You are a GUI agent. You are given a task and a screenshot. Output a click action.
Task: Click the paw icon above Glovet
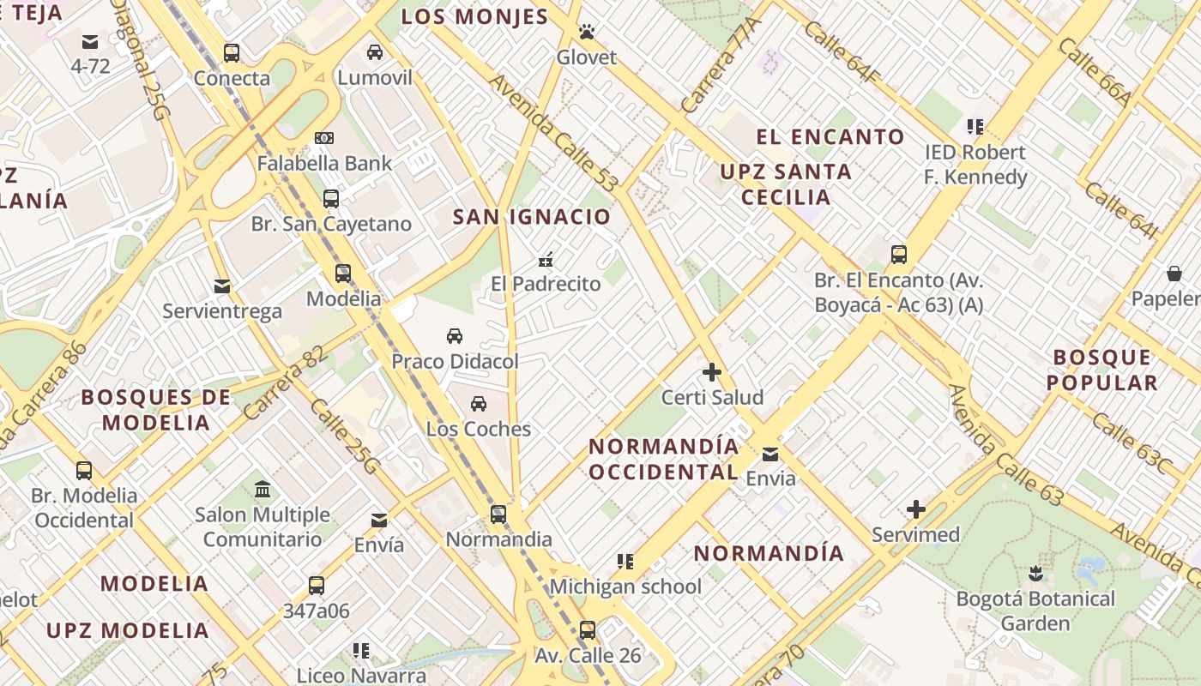coord(587,32)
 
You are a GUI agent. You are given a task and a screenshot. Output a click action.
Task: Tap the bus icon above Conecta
coord(232,53)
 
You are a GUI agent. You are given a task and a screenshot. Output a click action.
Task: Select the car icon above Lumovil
coord(375,52)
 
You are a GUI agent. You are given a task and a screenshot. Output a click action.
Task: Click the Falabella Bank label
coord(324,163)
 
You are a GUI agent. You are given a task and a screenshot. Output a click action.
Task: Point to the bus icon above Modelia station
coord(343,274)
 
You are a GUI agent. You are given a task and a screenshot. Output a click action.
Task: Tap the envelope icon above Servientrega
coord(222,286)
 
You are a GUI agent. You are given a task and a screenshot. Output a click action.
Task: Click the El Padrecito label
coord(546,284)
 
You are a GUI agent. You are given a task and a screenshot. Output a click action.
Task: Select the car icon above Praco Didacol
coord(455,336)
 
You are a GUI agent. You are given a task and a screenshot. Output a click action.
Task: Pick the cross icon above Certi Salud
coord(712,372)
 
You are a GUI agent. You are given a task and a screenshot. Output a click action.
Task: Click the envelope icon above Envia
coord(770,454)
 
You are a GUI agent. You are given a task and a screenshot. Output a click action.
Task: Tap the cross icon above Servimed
coord(916,509)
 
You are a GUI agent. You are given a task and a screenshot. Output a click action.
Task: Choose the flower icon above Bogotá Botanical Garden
coord(1035,573)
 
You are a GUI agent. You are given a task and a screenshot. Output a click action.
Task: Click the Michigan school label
coord(625,587)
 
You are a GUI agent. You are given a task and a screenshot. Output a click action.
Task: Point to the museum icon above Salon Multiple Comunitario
coord(263,490)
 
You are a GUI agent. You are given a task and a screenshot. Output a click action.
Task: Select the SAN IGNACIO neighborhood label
coord(532,216)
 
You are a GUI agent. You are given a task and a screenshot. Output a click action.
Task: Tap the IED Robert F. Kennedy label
coord(975,165)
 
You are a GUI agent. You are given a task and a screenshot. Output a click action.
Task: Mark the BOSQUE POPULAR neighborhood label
coord(1102,370)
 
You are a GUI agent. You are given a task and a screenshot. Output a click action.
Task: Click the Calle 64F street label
coord(842,52)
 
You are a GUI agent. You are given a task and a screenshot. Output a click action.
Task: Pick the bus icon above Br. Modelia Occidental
coord(84,470)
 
